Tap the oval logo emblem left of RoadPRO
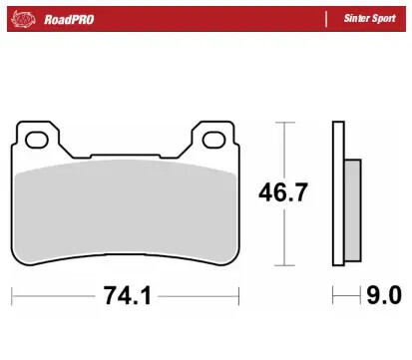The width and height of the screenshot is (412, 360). pyautogui.click(x=27, y=18)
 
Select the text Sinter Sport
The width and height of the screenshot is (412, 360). pyautogui.click(x=370, y=18)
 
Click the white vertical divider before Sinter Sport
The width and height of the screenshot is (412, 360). pyautogui.click(x=326, y=18)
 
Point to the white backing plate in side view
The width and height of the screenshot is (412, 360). pyautogui.click(x=338, y=194)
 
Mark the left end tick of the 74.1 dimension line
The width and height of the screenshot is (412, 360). pyautogui.click(x=12, y=296)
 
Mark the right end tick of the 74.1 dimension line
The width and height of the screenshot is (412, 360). pyautogui.click(x=239, y=296)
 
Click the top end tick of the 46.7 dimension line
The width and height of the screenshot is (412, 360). pyautogui.click(x=286, y=122)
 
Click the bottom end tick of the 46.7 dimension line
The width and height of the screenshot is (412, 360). pyautogui.click(x=286, y=266)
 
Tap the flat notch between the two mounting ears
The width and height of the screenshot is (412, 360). pyautogui.click(x=126, y=154)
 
